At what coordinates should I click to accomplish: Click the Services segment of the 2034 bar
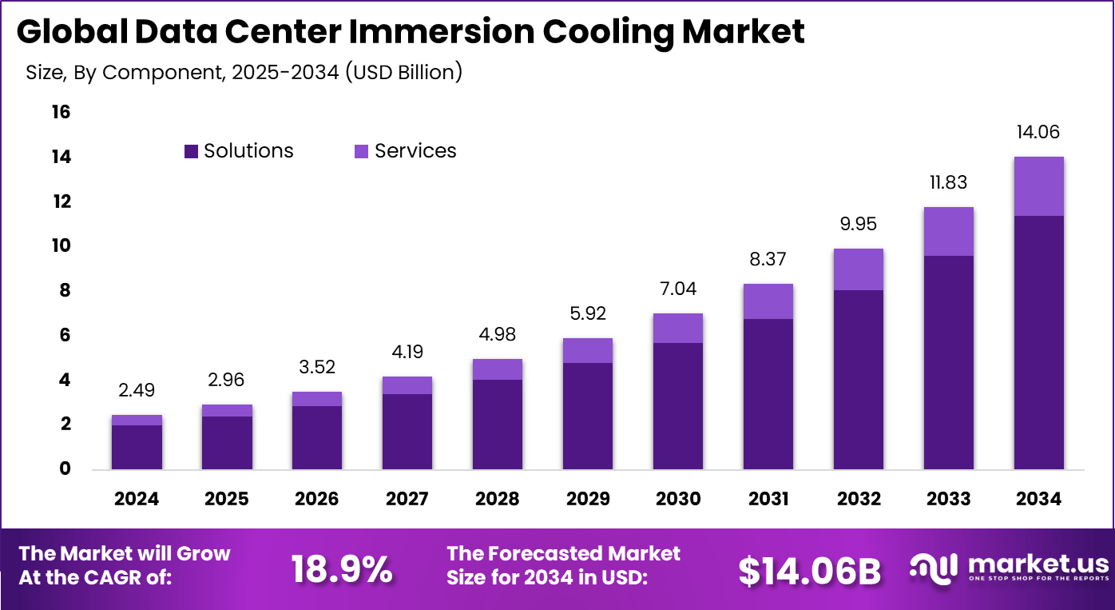point(1038,186)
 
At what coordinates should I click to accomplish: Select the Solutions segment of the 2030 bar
point(677,405)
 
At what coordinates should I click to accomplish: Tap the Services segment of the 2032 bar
point(858,269)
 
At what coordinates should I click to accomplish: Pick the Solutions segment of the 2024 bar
point(137,447)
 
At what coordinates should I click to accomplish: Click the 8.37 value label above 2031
point(768,259)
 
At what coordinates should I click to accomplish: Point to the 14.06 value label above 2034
point(1038,133)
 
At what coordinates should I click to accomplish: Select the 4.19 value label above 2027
point(407,352)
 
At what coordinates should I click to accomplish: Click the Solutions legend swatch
point(191,151)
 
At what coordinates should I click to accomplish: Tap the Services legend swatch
point(361,151)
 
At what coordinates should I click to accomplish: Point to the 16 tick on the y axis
point(61,112)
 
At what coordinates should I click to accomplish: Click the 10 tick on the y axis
point(61,245)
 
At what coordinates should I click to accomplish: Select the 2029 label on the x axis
point(588,499)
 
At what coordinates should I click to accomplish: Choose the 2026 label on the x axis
point(317,499)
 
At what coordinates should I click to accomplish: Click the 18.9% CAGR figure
point(341,569)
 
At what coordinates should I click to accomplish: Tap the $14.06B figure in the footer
point(808,571)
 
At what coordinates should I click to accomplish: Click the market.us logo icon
point(934,567)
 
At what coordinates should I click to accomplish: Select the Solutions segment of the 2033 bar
point(948,362)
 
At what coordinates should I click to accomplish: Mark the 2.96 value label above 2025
point(227,379)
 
